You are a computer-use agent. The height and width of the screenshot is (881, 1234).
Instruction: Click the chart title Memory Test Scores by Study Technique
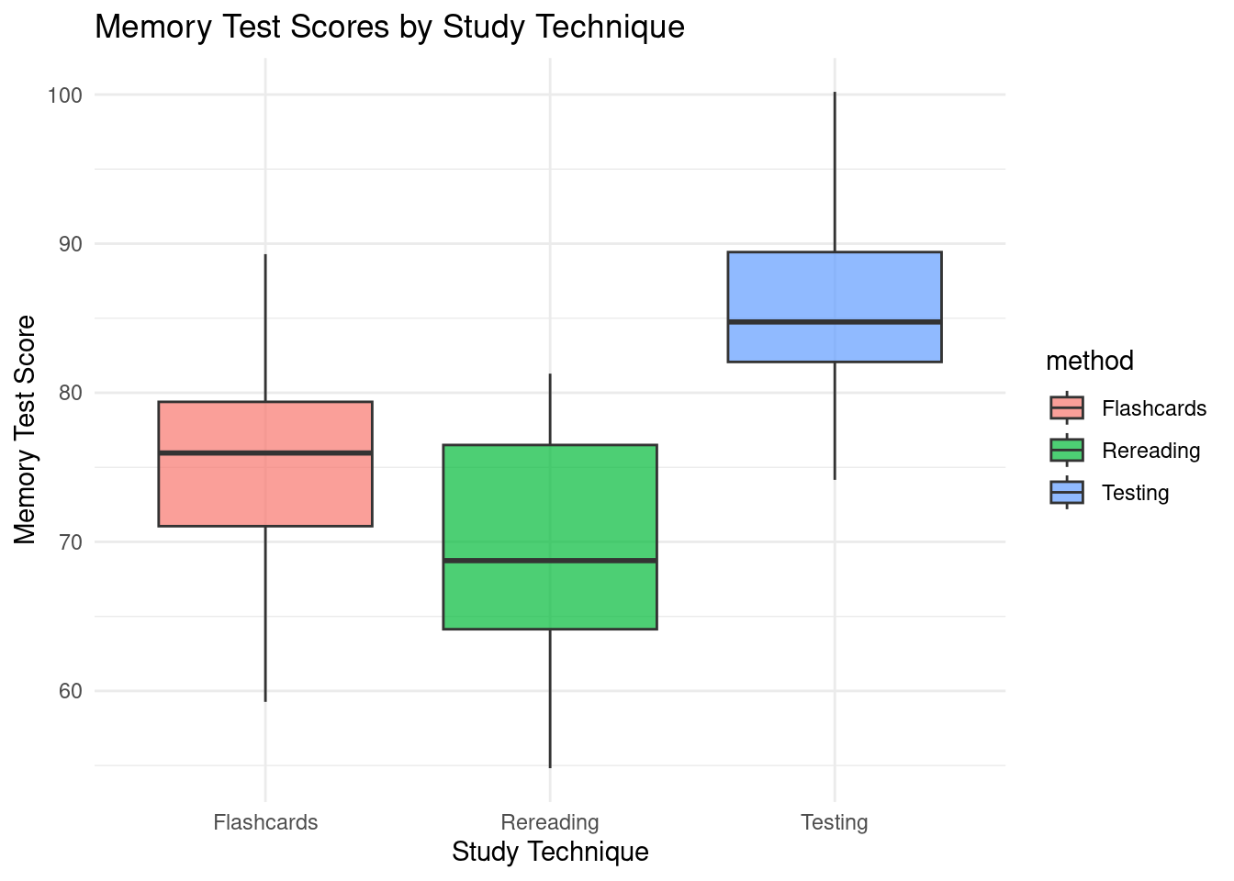(389, 28)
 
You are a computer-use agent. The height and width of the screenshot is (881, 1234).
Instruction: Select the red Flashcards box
(265, 486)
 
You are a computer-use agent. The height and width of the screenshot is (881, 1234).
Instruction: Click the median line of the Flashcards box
(265, 452)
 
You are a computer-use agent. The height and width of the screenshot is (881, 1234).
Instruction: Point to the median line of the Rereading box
(550, 560)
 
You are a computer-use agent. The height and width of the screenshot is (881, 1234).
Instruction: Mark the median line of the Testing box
(835, 322)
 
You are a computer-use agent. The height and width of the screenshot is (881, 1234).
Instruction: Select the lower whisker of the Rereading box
(550, 697)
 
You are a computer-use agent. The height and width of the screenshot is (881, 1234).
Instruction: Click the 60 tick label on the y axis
(70, 691)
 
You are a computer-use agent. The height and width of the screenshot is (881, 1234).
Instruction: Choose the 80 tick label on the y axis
(70, 393)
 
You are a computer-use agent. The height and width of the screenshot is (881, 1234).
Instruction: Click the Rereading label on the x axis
(550, 822)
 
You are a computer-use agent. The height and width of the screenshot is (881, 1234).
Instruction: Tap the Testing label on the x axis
(835, 822)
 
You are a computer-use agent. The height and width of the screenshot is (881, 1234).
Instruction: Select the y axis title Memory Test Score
(27, 429)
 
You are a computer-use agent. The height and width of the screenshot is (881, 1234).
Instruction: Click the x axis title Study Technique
(550, 853)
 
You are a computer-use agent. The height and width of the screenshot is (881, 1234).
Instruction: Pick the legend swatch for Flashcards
(1067, 408)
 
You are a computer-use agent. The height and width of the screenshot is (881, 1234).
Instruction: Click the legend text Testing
(1136, 493)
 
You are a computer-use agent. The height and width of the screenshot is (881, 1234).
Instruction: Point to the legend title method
(1090, 362)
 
